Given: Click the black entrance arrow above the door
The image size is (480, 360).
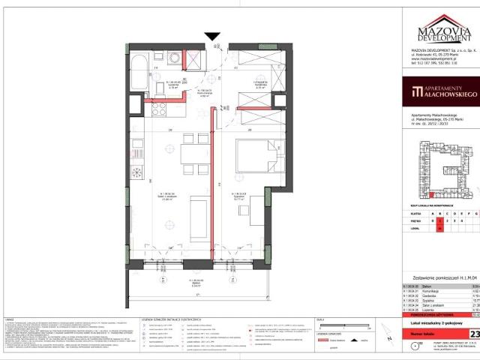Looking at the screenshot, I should pyautogui.click(x=212, y=36).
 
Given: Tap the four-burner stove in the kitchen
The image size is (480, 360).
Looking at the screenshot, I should pyautogui.click(x=160, y=110).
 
